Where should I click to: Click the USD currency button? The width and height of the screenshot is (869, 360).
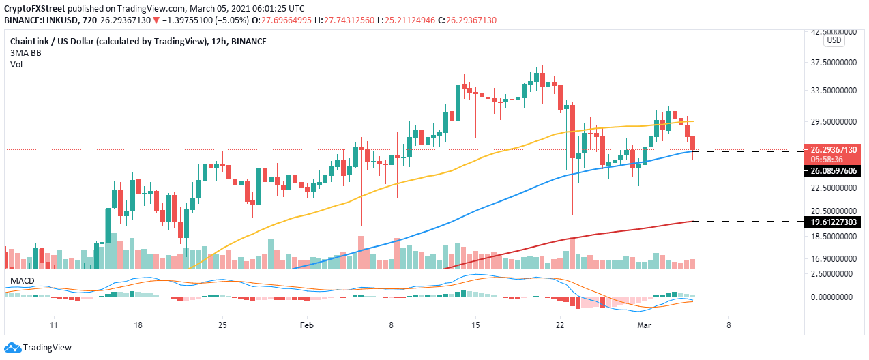[834, 41]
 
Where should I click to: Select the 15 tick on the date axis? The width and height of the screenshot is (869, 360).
[475, 326]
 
